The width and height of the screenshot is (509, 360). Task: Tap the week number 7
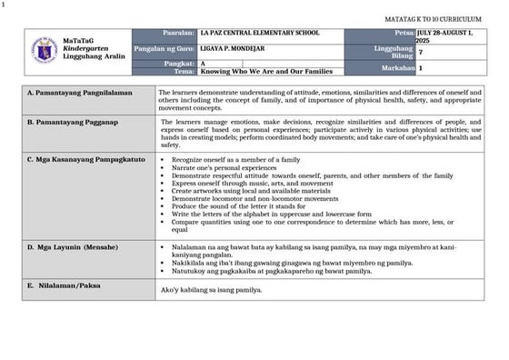click(x=420, y=52)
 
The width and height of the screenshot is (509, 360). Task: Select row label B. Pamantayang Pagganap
click(x=72, y=121)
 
